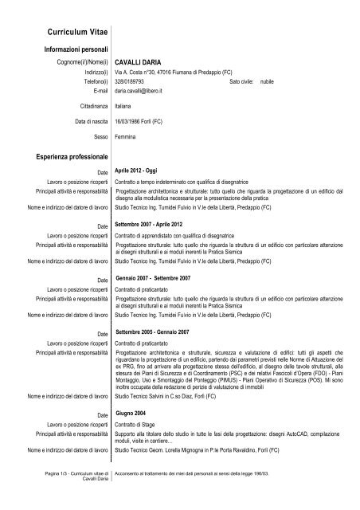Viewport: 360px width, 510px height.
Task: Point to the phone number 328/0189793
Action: click(133, 81)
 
